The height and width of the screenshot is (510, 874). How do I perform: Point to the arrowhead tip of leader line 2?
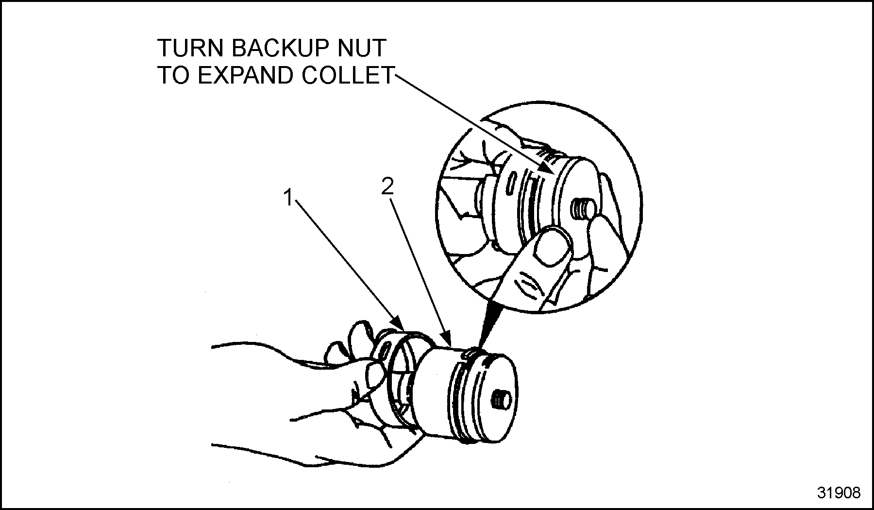451,346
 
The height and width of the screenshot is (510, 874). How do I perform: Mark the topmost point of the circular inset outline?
539,102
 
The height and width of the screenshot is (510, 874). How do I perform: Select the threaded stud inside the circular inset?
581,210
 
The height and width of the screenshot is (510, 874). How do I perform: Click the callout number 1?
288,198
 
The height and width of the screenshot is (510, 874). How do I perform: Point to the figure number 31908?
839,493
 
